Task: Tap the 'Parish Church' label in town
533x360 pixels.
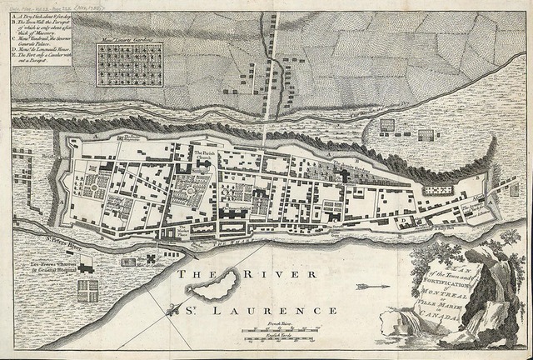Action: [x=205, y=157]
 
